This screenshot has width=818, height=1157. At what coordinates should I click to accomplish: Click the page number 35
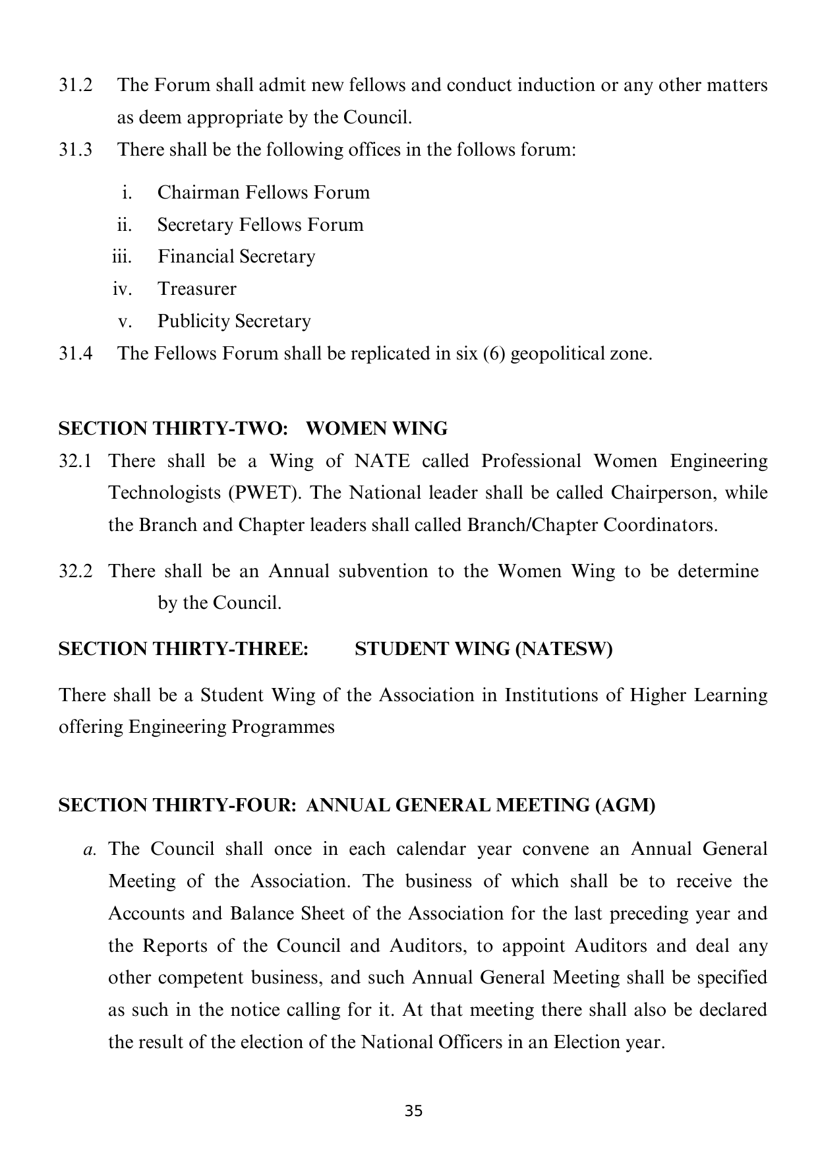click(x=413, y=1111)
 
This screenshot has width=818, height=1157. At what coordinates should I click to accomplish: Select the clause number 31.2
click(x=75, y=85)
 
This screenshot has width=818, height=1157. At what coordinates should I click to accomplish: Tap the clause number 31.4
click(x=75, y=354)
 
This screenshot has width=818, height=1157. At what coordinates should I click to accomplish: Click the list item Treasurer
click(x=196, y=289)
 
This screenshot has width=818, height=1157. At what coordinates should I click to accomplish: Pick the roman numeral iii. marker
click(x=122, y=257)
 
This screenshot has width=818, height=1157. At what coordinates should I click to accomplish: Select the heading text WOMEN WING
click(x=377, y=429)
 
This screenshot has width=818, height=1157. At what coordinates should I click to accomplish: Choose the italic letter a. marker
click(x=90, y=849)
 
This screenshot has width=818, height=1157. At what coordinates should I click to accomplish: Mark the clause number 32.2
click(x=75, y=571)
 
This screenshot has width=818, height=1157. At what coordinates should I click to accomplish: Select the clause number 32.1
click(x=75, y=460)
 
